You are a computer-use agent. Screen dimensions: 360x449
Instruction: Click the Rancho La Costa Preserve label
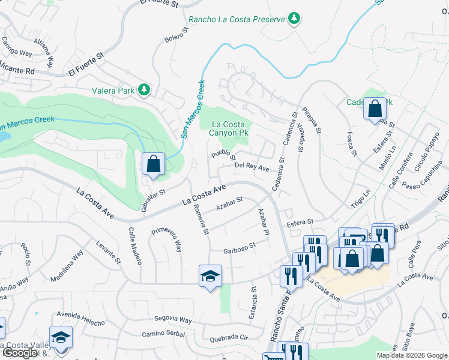pos(237,20)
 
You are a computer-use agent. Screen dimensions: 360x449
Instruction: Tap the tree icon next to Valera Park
pos(143,90)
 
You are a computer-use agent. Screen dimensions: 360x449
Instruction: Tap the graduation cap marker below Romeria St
pos(209,277)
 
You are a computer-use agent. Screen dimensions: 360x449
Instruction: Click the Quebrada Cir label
pos(228,337)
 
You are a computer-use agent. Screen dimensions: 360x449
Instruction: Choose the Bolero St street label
pos(176,35)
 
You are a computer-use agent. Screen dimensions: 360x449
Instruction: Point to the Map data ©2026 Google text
pos(411,355)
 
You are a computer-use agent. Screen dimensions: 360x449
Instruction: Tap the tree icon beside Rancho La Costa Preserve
pos(294,19)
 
